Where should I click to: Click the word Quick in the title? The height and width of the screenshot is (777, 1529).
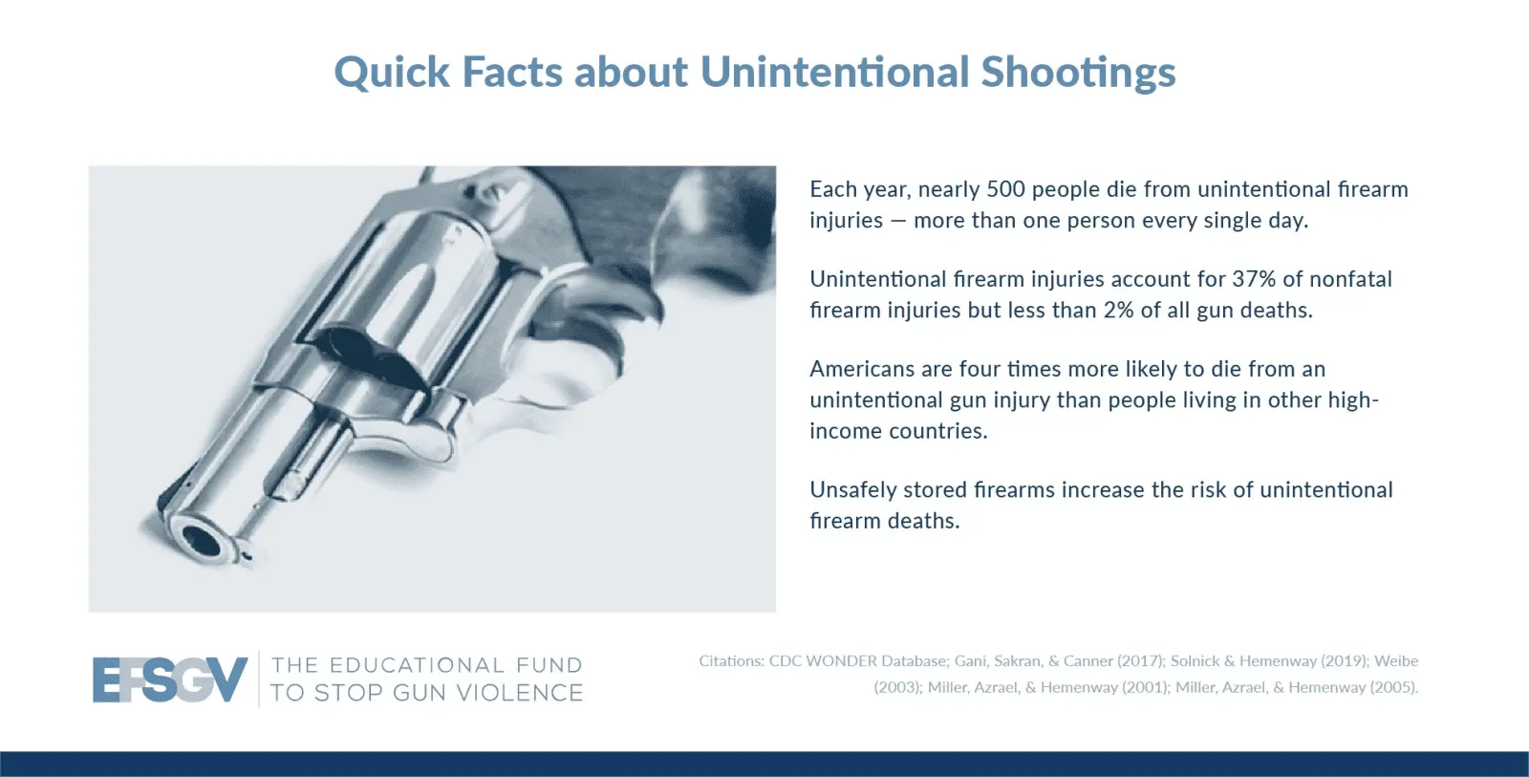pyautogui.click(x=392, y=73)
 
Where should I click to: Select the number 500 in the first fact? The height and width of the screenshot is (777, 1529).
pyautogui.click(x=1005, y=189)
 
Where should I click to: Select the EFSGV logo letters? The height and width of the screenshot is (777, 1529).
pyautogui.click(x=169, y=680)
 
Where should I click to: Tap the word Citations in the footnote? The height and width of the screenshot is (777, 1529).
pyautogui.click(x=731, y=661)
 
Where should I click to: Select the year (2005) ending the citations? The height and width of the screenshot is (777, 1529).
pyautogui.click(x=1394, y=687)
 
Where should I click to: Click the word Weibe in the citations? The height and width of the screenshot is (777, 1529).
pyautogui.click(x=1396, y=661)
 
